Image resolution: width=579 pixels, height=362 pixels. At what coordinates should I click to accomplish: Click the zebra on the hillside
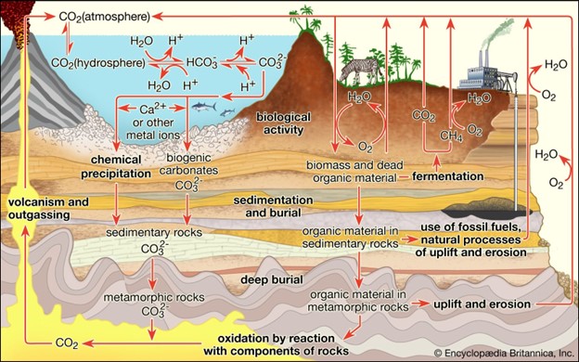(x=357, y=69)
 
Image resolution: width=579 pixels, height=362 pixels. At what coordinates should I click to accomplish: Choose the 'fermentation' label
(x=449, y=175)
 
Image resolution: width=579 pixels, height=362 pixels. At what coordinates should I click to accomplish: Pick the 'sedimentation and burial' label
(x=270, y=206)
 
